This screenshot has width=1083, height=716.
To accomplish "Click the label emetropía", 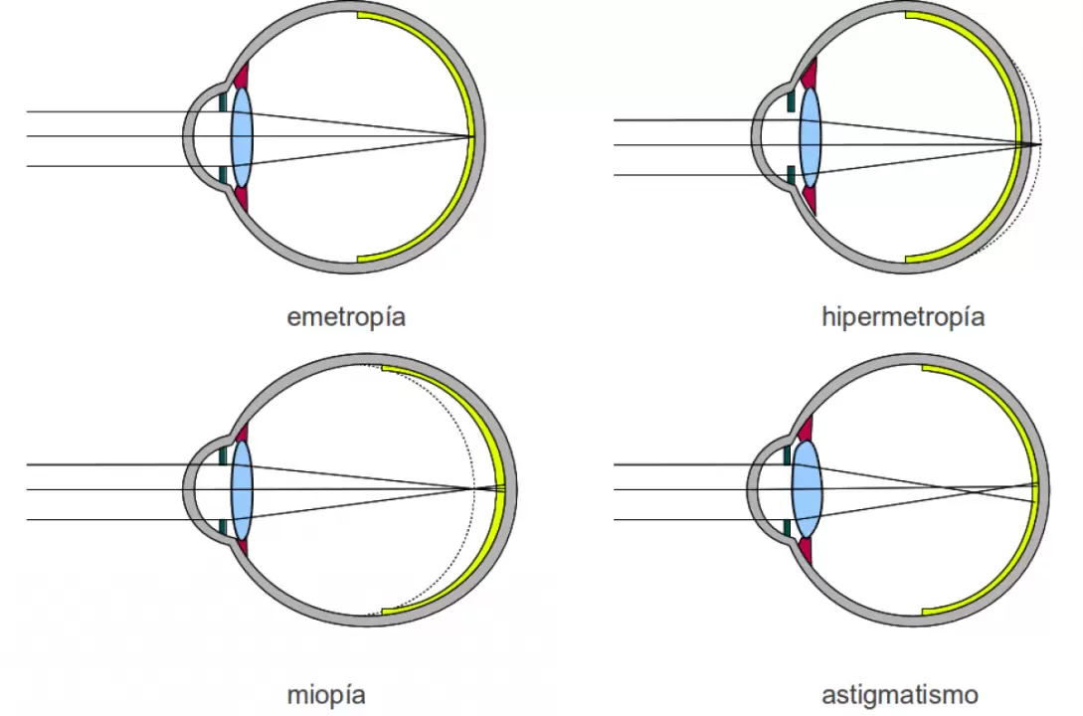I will coord(346,318).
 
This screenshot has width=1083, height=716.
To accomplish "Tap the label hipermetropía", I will coord(903,318).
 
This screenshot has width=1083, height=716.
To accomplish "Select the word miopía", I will coord(325,694).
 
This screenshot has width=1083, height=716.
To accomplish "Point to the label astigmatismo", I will coord(899,694).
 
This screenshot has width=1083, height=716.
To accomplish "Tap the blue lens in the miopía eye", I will coord(242,489).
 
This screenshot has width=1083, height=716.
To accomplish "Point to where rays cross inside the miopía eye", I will coord(475,488).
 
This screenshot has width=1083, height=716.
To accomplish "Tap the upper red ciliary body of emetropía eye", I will coord(242,76).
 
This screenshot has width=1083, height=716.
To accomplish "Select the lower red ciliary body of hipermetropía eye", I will coord(810,199).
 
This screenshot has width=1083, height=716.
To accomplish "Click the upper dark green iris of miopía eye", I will coord(224,454).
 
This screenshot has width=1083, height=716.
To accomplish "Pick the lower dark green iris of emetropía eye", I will coord(224,176).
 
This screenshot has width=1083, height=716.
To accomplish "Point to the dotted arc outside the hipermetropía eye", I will coord(1037,179).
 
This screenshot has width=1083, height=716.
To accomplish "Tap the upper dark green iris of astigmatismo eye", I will coord(788,454).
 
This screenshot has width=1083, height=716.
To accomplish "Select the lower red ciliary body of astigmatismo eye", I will coord(806,550).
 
